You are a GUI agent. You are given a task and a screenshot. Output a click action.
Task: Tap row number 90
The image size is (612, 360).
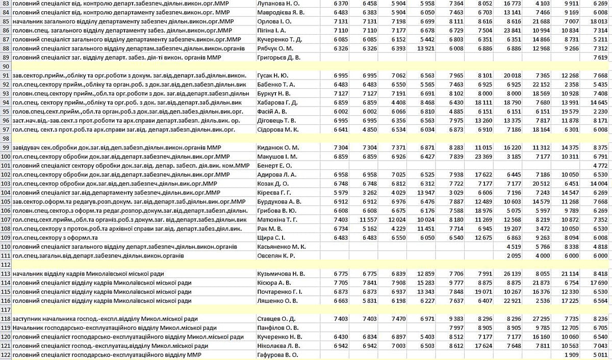pyautogui.click(x=6, y=66)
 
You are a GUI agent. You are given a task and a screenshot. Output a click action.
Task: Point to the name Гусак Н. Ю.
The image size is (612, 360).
pyautogui.click(x=273, y=75)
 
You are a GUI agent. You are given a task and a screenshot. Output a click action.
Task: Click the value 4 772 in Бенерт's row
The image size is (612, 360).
pyautogui.click(x=600, y=165)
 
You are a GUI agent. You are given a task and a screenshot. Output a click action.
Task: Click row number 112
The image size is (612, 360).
pyautogui.click(x=6, y=265)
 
